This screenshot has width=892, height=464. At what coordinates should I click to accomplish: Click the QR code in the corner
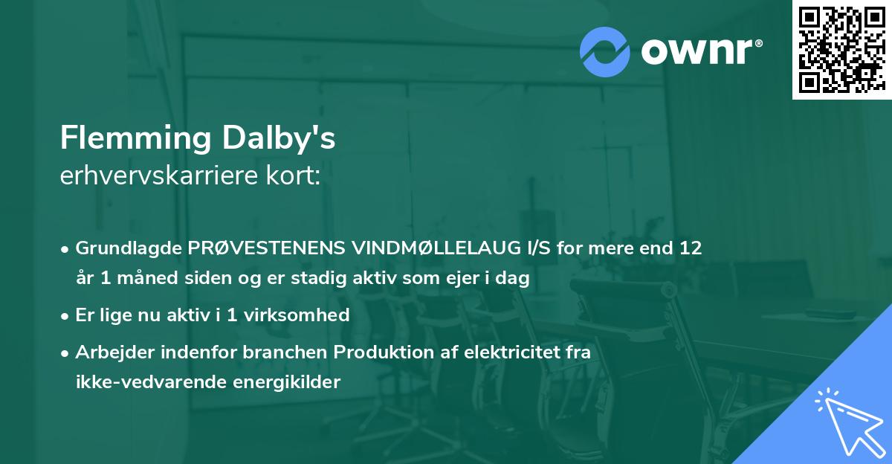[x=841, y=50]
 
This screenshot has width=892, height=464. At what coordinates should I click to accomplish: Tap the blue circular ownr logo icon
[x=605, y=52]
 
